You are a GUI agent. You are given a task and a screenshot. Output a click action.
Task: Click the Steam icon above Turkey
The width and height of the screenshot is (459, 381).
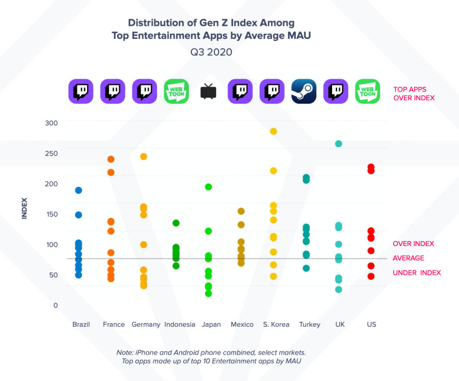tap(304, 91)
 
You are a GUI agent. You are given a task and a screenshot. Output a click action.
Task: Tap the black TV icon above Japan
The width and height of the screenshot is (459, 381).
tap(208, 91)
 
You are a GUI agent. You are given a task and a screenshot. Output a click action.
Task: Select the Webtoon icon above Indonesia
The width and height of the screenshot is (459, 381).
tap(176, 91)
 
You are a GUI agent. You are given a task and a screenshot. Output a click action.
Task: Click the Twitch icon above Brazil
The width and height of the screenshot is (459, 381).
tap(81, 91)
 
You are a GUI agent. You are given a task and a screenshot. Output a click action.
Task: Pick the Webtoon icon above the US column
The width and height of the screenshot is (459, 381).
tap(368, 91)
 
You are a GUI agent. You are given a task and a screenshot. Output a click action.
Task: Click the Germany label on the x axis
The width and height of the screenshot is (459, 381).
tap(146, 325)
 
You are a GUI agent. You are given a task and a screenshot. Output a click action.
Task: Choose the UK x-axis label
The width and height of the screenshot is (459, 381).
tap(340, 325)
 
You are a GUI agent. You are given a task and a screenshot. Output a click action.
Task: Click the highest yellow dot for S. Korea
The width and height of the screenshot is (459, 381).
tap(273, 131)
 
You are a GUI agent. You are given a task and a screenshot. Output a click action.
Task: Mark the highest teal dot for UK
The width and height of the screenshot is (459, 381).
tap(339, 144)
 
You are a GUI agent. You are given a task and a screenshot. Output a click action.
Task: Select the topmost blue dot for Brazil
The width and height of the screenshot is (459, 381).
tap(78, 190)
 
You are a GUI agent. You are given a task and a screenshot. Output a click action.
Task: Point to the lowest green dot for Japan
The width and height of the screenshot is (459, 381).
tap(208, 294)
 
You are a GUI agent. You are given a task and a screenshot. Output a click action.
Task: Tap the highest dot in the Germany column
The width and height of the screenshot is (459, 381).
tap(144, 156)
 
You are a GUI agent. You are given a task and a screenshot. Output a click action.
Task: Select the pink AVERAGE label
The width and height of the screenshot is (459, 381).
tap(408, 258)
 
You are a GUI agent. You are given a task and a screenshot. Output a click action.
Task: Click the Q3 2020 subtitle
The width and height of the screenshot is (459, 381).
tap(211, 52)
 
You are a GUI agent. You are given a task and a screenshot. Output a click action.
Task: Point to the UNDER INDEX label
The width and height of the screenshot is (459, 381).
tap(417, 273)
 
